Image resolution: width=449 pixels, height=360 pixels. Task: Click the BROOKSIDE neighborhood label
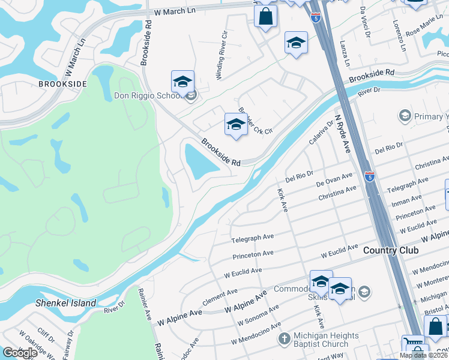(59, 84)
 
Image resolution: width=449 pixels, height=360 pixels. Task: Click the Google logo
(20, 353)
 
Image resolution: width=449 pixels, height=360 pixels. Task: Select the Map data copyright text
(423, 355)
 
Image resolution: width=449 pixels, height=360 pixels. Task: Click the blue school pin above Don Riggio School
(182, 82)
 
